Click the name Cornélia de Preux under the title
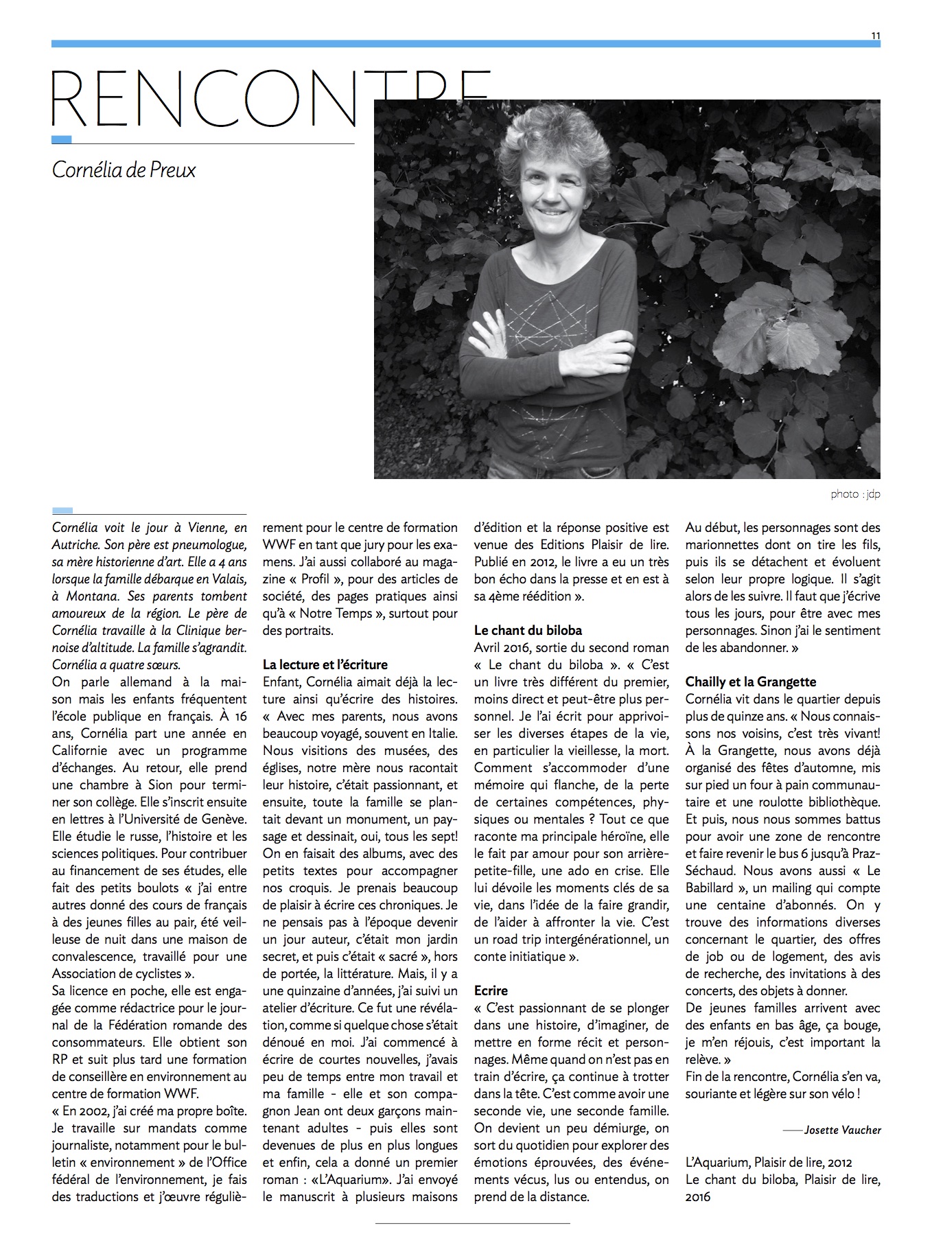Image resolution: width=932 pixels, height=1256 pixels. (x=124, y=170)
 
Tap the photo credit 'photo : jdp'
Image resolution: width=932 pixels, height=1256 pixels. (x=854, y=494)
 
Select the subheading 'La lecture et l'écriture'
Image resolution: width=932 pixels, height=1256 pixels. (x=325, y=664)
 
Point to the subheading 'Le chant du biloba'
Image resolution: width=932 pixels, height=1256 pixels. (x=528, y=630)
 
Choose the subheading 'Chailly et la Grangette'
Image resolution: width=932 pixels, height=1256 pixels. (x=751, y=682)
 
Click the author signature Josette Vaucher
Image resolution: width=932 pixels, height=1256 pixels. (x=842, y=1130)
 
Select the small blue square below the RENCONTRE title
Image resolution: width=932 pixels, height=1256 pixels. (x=62, y=139)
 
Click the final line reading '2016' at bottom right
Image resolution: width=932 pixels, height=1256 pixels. (x=698, y=1197)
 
